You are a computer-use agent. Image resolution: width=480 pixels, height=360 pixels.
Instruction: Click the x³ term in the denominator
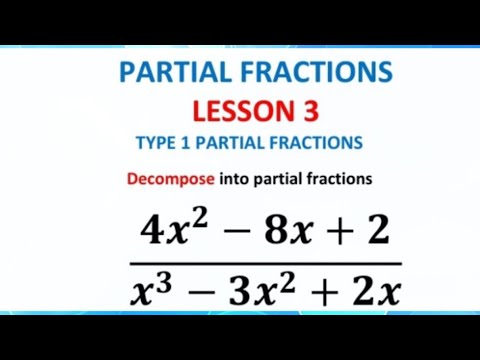(148, 290)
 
